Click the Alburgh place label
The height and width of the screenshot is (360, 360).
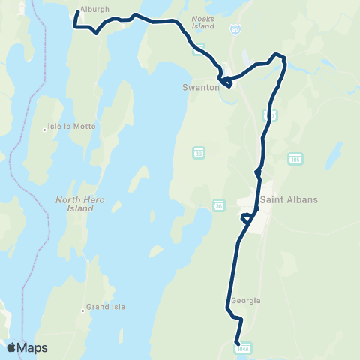[x=94, y=9]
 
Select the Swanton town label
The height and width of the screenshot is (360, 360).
[x=200, y=87]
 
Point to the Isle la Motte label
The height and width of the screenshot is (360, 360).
[x=72, y=127]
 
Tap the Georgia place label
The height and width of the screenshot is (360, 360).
[x=246, y=300]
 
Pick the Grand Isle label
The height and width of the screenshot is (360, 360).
[x=106, y=307]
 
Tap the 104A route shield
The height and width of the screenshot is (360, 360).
[x=242, y=348]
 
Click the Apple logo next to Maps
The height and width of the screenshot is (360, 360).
[x=11, y=347]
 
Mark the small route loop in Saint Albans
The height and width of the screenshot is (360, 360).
[x=246, y=218]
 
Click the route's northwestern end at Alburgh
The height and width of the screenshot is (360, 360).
[x=77, y=12]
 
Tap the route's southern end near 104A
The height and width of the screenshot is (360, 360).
[x=237, y=342]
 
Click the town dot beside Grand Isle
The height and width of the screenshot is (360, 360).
[x=82, y=307]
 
